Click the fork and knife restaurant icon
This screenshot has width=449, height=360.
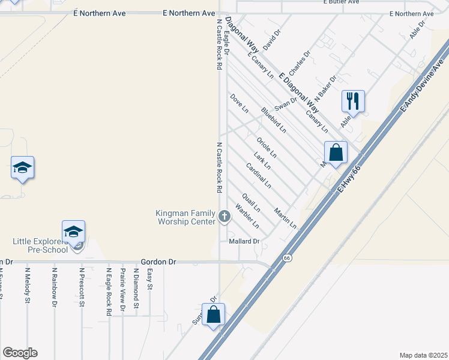[x=353, y=100]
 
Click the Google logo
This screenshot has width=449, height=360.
[x=20, y=353]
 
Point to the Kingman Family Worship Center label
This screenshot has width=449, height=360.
[x=185, y=217]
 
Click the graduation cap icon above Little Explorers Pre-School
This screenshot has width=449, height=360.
[x=73, y=230]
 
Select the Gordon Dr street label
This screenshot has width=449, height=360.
[x=158, y=262]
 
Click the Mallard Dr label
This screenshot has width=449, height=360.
[x=244, y=241]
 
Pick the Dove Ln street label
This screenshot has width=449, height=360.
[x=239, y=103]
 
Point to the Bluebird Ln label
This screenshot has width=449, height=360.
[x=274, y=120]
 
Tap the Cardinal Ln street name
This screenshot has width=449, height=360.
[x=259, y=175]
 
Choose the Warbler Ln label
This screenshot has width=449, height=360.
[x=247, y=217]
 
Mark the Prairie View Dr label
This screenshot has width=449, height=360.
[x=122, y=291]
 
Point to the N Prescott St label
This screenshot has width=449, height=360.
[x=81, y=287]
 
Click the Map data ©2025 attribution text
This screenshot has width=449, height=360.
[x=423, y=355]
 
